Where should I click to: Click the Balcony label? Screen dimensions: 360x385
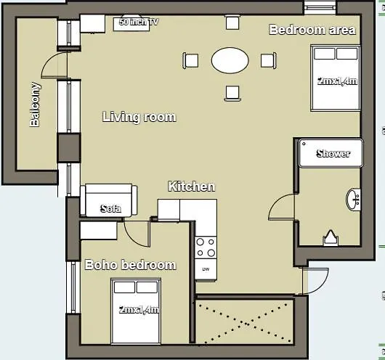tap(35, 105)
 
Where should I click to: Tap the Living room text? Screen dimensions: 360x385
tap(139, 117)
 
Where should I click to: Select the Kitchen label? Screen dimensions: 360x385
tap(191, 187)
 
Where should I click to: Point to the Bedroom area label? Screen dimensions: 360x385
tap(312, 30)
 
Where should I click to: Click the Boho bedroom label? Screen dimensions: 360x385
tap(131, 265)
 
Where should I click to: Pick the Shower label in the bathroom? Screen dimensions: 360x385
tap(333, 153)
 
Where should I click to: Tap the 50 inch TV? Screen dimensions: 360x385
tap(138, 22)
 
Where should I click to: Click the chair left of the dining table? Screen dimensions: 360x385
tap(191, 60)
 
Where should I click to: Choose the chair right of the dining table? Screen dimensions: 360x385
tap(267, 60)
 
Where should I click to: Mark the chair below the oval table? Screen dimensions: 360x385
tap(232, 91)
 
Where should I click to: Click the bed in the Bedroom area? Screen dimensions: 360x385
tap(336, 75)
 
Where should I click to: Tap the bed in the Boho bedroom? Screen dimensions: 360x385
tap(136, 308)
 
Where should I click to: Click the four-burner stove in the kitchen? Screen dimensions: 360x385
tap(206, 247)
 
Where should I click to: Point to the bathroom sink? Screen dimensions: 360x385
tap(354, 199)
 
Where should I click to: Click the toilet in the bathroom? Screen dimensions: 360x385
tap(331, 237)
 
